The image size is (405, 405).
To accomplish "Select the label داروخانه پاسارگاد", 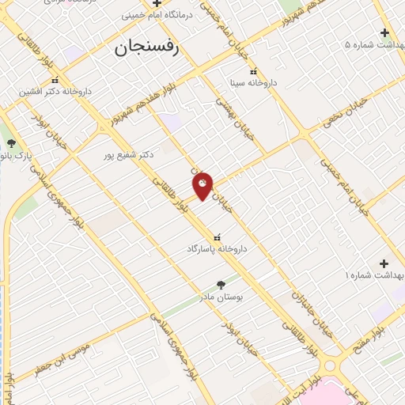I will (217, 248).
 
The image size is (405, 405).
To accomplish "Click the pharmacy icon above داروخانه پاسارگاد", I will (217, 236).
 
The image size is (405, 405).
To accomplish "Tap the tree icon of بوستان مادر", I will (221, 284).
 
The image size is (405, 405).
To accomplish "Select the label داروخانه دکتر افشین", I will (56, 91).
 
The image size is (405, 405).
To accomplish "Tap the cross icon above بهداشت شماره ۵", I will (384, 32).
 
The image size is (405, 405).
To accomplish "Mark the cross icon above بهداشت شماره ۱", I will (384, 263).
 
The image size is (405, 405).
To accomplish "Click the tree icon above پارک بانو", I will (11, 143).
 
